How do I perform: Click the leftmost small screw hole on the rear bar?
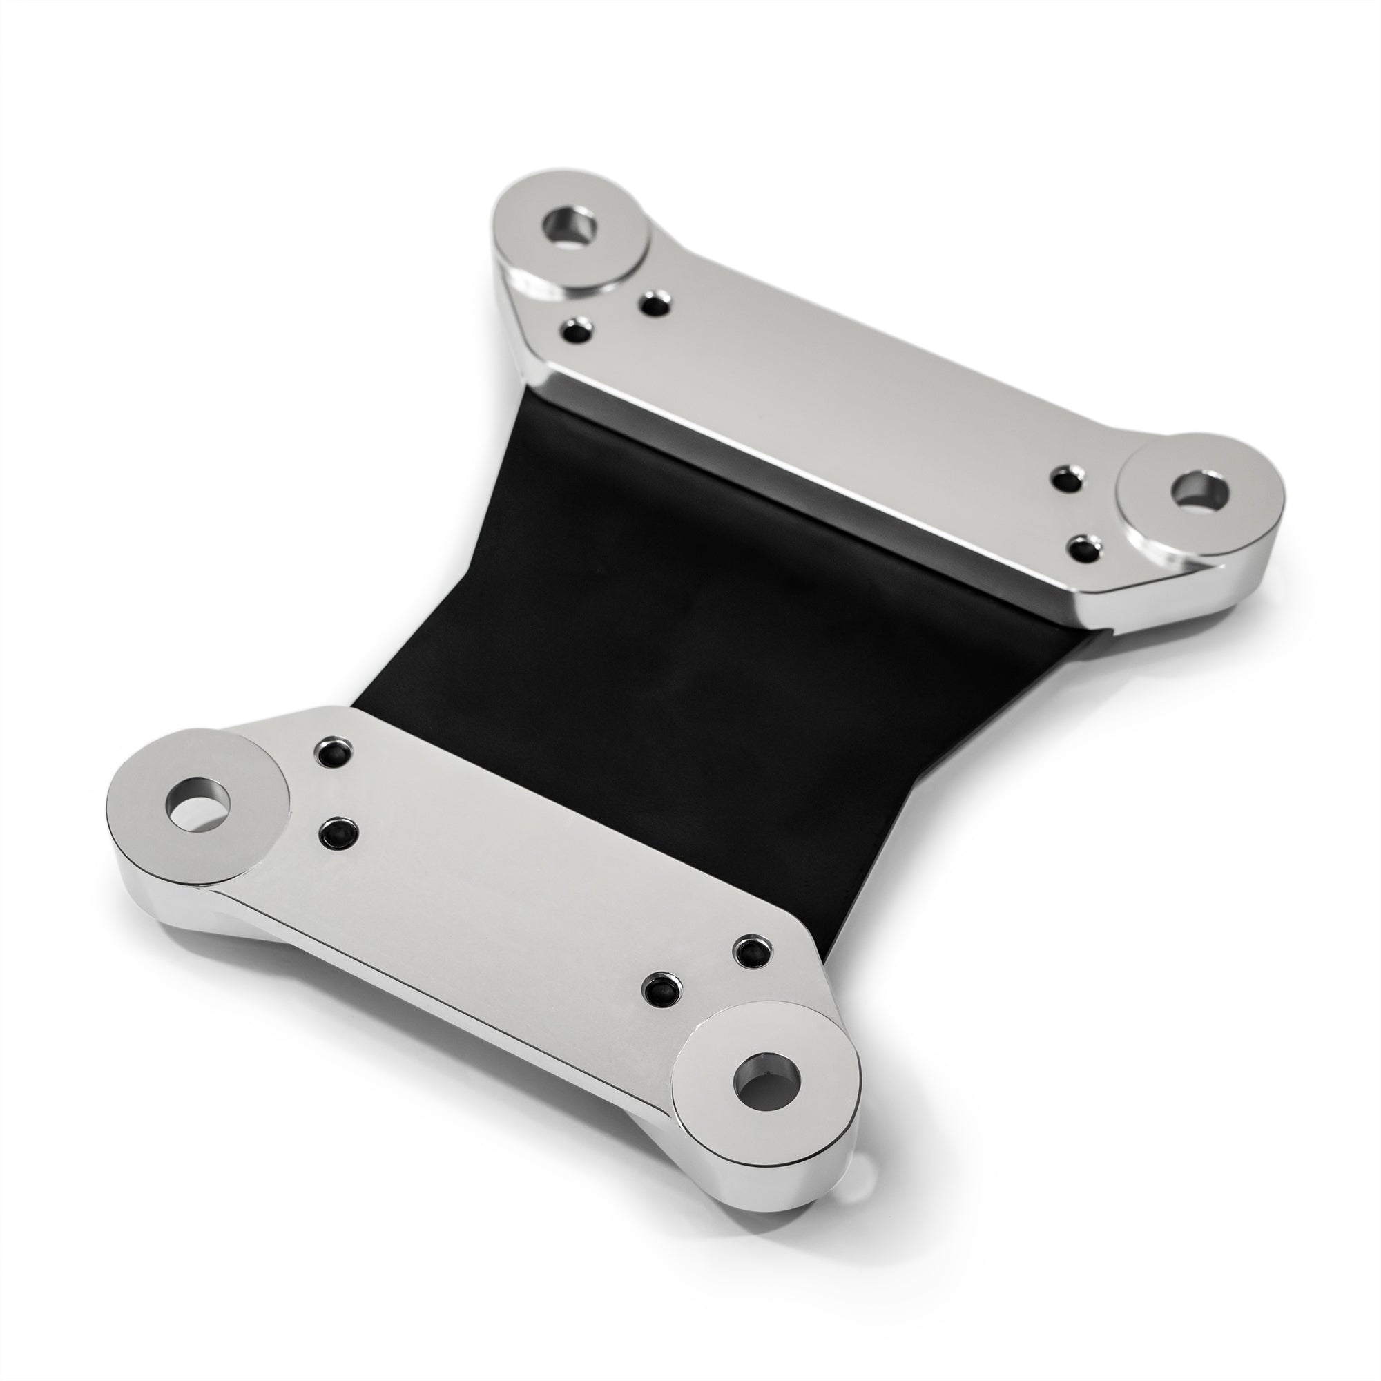(x=577, y=331)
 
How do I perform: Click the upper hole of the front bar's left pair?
(x=333, y=753)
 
